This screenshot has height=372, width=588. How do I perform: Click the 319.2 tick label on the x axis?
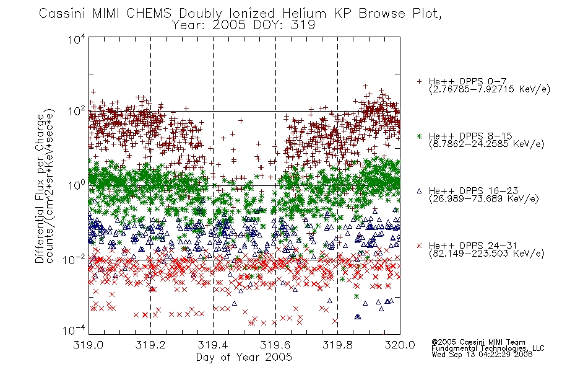151,345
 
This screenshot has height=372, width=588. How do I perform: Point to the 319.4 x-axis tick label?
213,345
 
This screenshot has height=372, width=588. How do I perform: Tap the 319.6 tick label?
275,345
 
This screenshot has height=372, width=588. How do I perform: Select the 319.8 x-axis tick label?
337,345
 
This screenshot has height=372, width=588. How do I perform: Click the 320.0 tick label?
400,345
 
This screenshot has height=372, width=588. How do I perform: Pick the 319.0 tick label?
89,345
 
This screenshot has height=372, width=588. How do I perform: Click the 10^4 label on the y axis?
77,39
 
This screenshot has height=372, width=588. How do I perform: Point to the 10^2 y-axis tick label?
77,111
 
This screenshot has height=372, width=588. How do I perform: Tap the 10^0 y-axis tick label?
77,185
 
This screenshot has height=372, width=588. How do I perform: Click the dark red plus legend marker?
419,81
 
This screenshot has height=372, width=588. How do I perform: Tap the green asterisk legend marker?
419,136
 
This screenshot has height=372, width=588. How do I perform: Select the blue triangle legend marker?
419,191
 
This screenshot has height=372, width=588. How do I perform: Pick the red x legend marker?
419,246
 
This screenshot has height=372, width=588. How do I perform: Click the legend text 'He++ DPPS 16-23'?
473,191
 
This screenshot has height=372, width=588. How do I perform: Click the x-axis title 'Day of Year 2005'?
244,357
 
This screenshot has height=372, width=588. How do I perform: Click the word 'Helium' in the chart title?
304,14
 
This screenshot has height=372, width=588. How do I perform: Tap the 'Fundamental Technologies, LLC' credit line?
488,348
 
